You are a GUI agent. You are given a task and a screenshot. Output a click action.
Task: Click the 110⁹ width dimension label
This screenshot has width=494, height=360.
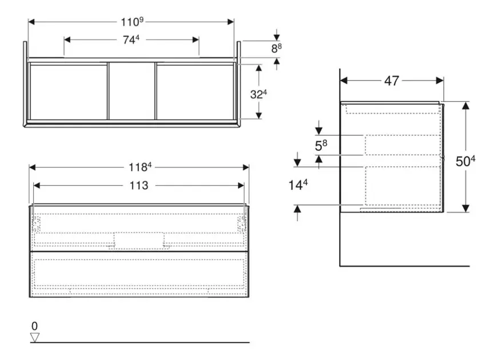pyautogui.click(x=132, y=22)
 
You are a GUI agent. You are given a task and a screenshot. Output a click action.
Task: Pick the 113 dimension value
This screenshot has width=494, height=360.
pyautogui.click(x=139, y=185)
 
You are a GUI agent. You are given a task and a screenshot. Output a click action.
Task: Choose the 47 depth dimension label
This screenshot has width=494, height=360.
pyautogui.click(x=392, y=81)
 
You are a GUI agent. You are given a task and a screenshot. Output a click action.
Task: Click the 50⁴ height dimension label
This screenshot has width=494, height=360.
pyautogui.click(x=465, y=161)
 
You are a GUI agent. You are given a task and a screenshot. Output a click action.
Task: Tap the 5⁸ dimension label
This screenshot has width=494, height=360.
pyautogui.click(x=321, y=145)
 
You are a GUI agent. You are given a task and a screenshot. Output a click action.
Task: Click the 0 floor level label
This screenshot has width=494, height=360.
pyautogui.click(x=34, y=326)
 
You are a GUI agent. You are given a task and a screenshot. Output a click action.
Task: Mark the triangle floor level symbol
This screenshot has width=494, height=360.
pyautogui.click(x=35, y=337)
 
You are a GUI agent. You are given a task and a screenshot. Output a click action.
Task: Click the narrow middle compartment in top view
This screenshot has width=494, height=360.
pyautogui.click(x=132, y=91)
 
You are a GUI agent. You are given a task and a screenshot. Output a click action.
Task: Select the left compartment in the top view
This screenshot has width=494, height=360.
pyautogui.click(x=68, y=91)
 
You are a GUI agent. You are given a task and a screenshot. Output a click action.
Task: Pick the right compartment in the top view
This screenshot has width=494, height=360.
pyautogui.click(x=194, y=91)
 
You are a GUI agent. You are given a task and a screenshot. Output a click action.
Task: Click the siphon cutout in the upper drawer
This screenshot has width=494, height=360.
pyautogui.click(x=139, y=241)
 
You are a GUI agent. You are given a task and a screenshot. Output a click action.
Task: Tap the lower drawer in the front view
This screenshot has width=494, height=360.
pyautogui.click(x=139, y=274)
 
